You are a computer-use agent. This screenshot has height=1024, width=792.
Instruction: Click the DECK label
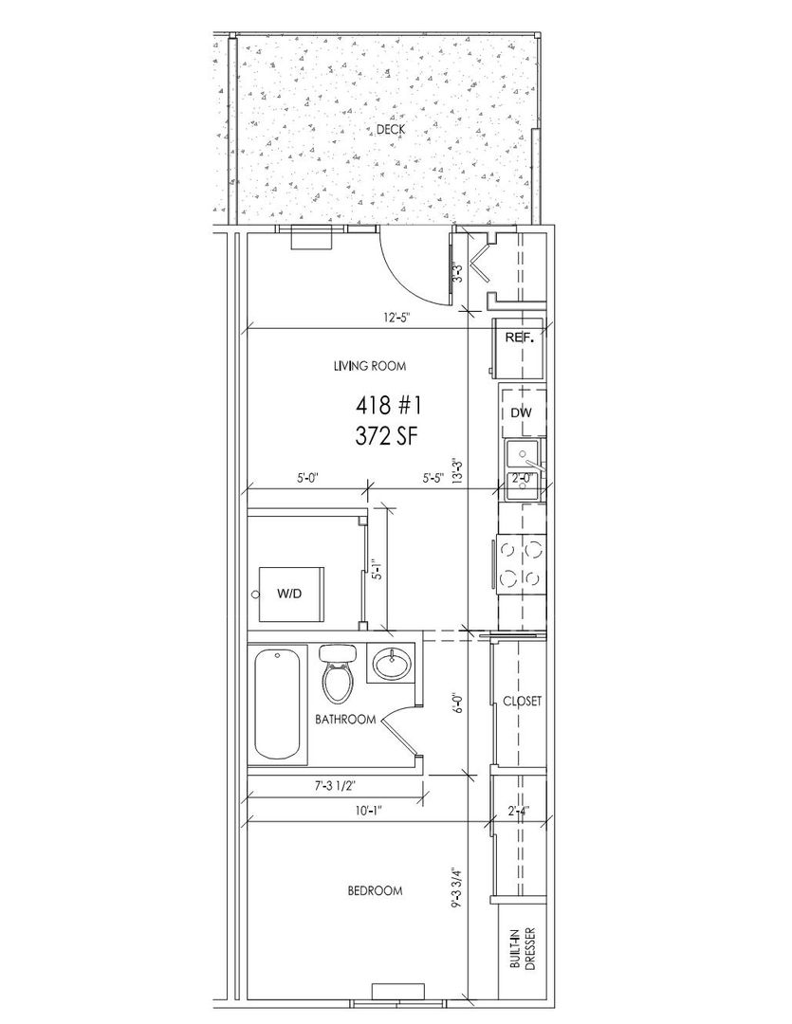click(390, 129)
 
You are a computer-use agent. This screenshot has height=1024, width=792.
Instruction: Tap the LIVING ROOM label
click(369, 366)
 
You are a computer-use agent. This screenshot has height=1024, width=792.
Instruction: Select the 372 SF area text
click(385, 436)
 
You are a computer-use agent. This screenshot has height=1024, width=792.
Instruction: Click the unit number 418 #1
click(388, 406)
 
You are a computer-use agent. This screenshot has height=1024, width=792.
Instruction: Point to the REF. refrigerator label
click(520, 338)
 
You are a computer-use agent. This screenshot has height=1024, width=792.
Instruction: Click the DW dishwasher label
click(521, 412)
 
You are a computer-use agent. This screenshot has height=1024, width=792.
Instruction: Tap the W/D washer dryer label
click(289, 594)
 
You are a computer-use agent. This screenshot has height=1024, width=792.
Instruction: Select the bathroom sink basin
click(392, 664)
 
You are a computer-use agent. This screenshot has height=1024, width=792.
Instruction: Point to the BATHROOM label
click(345, 720)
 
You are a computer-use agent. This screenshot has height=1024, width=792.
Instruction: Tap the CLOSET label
click(522, 702)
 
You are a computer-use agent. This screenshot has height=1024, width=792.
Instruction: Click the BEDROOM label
click(375, 890)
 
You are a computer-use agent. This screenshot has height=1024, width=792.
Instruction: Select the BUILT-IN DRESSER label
click(525, 949)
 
